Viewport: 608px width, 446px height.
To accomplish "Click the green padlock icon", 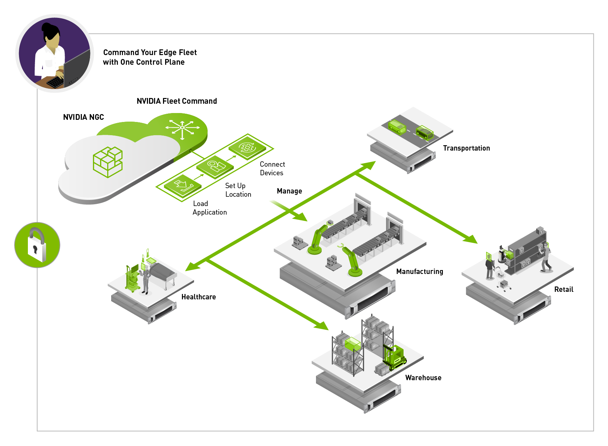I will tap(37, 245).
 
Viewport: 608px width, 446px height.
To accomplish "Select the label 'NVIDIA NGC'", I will tap(83, 117).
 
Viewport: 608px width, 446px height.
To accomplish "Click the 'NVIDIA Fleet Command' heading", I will tap(177, 101).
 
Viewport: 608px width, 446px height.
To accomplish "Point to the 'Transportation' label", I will tap(466, 148).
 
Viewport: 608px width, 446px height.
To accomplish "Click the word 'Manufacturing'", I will tap(419, 271).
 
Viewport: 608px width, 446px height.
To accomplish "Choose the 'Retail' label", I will tap(563, 289).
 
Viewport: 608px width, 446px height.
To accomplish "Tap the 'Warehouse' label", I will tap(423, 378).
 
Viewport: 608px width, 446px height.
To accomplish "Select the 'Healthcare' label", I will tap(198, 297).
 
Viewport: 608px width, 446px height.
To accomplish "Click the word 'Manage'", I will tap(289, 191).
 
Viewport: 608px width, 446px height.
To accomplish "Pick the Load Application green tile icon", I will tap(183, 185).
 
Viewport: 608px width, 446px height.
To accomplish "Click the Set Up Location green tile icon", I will tap(215, 166).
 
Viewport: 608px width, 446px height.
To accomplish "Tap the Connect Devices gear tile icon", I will tap(247, 147).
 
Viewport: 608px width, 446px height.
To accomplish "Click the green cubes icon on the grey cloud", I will tap(108, 162).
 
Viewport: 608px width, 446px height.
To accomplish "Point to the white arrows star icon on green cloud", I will tap(182, 128).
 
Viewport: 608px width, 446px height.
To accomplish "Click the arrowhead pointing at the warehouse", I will tap(322, 326).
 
